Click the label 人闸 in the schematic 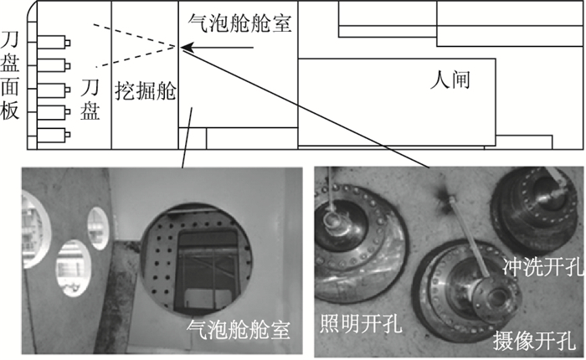450,80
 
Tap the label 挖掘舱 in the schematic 145,90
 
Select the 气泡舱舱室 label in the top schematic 239,23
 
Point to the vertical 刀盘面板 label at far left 10,76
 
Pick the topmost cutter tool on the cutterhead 54,42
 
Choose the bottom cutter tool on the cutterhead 54,135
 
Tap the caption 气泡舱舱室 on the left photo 239,329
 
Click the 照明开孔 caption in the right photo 361,322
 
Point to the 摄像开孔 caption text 534,340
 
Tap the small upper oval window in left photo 98,229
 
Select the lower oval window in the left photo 74,268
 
